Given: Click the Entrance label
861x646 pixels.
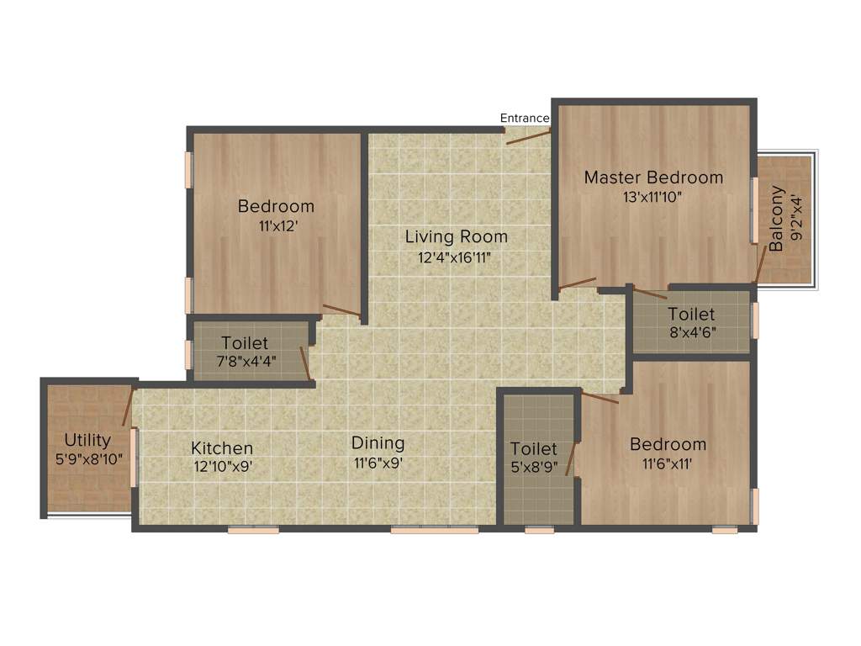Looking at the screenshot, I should [525, 118].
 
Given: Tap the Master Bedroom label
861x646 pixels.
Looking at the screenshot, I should [653, 177].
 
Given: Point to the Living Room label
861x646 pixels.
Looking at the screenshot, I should [456, 236].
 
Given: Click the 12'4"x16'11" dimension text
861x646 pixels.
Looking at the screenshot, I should [454, 257].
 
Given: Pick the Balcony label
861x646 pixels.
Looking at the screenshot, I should [776, 219].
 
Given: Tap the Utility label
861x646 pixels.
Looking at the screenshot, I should [87, 440].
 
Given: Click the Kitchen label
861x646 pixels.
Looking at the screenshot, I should [222, 448].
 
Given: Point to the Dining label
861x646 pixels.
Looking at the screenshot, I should [378, 442].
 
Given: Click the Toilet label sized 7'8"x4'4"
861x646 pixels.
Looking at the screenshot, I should [245, 343].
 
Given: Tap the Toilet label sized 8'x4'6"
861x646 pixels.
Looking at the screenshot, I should [691, 314].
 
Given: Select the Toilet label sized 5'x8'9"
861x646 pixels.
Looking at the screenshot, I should [534, 449].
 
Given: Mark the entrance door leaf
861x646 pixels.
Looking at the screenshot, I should [528, 137].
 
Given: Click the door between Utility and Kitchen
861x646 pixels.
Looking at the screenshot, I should [128, 405].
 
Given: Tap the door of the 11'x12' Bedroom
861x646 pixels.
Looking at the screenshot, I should [341, 310].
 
